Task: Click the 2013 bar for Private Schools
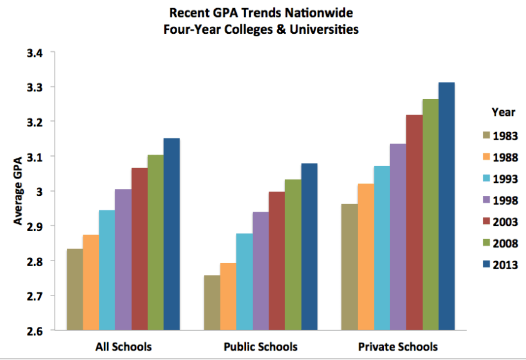click(446, 206)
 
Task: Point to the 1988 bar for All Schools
click(91, 282)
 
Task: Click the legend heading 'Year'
click(503, 112)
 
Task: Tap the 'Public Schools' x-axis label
click(260, 346)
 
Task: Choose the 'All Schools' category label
click(123, 346)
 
